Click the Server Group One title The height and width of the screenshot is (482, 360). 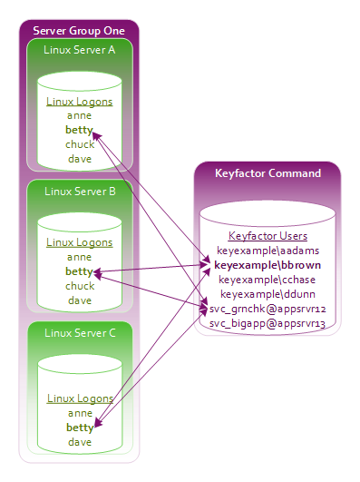pyautogui.click(x=79, y=31)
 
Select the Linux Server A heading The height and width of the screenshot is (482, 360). pyautogui.click(x=79, y=50)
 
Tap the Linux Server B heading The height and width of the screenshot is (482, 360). pyautogui.click(x=80, y=192)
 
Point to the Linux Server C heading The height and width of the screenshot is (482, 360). pyautogui.click(x=80, y=333)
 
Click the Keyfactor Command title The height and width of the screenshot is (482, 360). pyautogui.click(x=268, y=173)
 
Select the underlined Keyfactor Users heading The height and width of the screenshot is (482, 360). pyautogui.click(x=268, y=236)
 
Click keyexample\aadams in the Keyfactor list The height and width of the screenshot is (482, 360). pyautogui.click(x=268, y=251)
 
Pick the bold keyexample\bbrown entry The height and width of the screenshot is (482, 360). pyautogui.click(x=268, y=265)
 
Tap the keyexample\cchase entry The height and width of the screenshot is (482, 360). pyautogui.click(x=267, y=280)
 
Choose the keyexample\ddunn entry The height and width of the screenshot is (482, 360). pyautogui.click(x=268, y=294)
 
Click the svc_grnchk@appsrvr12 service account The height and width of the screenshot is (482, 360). pyautogui.click(x=268, y=309)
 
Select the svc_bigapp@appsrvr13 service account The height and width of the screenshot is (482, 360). pyautogui.click(x=268, y=323)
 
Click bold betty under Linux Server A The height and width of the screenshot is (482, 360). pyautogui.click(x=79, y=130)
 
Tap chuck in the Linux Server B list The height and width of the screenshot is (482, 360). pyautogui.click(x=80, y=286)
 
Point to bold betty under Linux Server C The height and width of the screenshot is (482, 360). pyautogui.click(x=80, y=428)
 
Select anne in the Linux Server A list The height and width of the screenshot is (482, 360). pyautogui.click(x=79, y=115)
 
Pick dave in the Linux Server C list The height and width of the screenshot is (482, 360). pyautogui.click(x=80, y=442)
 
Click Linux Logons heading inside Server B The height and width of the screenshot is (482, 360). pyautogui.click(x=80, y=243)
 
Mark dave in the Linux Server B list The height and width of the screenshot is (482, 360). pyautogui.click(x=80, y=300)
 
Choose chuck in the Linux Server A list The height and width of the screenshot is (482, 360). pyautogui.click(x=80, y=144)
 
